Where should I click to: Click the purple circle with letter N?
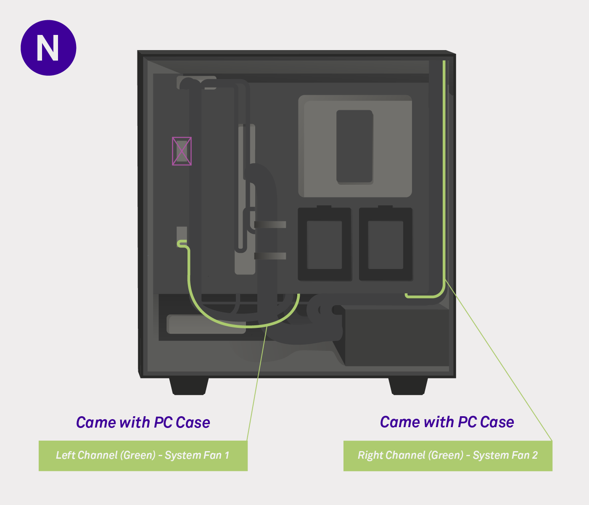pyautogui.click(x=48, y=48)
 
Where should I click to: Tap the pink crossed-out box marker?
pyautogui.click(x=182, y=151)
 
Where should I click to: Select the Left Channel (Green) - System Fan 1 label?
pyautogui.click(x=143, y=455)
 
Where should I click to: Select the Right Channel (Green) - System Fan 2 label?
pyautogui.click(x=448, y=455)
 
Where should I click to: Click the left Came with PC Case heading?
pyautogui.click(x=143, y=422)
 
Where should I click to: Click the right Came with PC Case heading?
pyautogui.click(x=447, y=422)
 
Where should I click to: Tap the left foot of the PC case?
pyautogui.click(x=189, y=386)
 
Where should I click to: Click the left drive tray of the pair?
pyautogui.click(x=324, y=244)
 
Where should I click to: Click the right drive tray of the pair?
pyautogui.click(x=386, y=244)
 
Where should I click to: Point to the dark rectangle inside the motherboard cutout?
pyautogui.click(x=354, y=146)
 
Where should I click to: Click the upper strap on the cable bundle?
pyautogui.click(x=270, y=225)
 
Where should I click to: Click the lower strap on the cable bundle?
pyautogui.click(x=270, y=256)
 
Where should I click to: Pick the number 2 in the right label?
pyautogui.click(x=535, y=455)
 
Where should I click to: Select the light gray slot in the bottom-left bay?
pyautogui.click(x=206, y=324)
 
